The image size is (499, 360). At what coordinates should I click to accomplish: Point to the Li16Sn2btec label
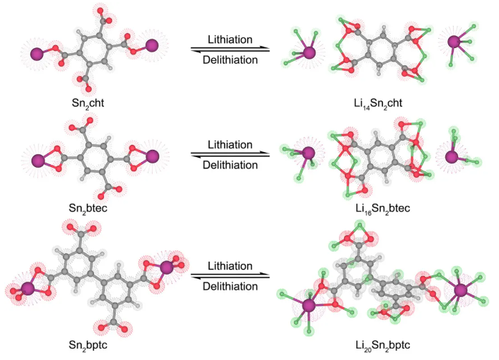(376, 208)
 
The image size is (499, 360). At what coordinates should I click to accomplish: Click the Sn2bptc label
(95, 345)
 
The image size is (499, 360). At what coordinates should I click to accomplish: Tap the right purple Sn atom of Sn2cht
(152, 46)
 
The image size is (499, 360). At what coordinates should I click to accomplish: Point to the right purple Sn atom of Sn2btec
(151, 155)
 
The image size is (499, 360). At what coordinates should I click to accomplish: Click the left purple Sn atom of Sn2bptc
(27, 288)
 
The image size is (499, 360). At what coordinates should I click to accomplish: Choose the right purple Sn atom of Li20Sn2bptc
(460, 290)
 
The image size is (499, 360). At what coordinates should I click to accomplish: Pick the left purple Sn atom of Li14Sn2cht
(308, 52)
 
